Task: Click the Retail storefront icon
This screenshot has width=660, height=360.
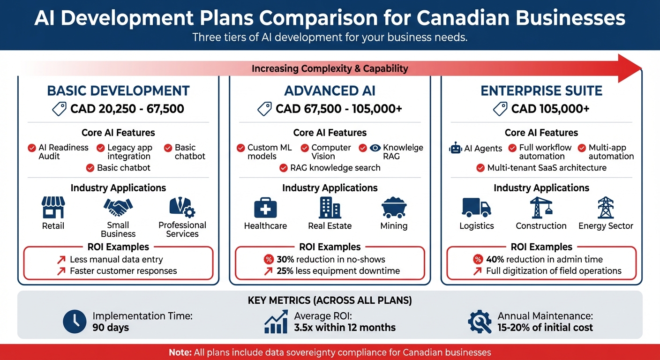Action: pyautogui.click(x=53, y=207)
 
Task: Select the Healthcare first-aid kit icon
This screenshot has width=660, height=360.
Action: pyautogui.click(x=265, y=208)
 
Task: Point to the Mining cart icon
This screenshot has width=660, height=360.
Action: pyautogui.click(x=394, y=208)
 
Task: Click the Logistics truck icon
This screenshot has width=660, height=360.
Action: pyautogui.click(x=476, y=208)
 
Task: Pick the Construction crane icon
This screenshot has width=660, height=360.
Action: pyautogui.click(x=541, y=208)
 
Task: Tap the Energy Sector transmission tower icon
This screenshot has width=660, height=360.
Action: pyautogui.click(x=606, y=208)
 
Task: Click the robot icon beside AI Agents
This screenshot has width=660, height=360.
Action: pyautogui.click(x=455, y=149)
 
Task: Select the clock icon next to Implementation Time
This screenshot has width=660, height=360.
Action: pyautogui.click(x=75, y=321)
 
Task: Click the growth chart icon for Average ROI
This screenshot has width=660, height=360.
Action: pyautogui.click(x=276, y=321)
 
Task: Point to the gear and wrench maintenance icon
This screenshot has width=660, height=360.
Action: pyautogui.click(x=480, y=321)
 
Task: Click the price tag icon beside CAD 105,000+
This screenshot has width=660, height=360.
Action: pyautogui.click(x=501, y=109)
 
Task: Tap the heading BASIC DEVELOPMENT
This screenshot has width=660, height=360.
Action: pyautogui.click(x=118, y=90)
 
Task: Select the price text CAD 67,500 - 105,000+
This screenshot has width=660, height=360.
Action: pyautogui.click(x=339, y=109)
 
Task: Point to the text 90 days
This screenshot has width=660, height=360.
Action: pyautogui.click(x=111, y=327)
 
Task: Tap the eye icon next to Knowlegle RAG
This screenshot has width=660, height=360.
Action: pyautogui.click(x=375, y=148)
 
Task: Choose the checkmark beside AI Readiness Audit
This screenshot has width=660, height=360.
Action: pyautogui.click(x=32, y=148)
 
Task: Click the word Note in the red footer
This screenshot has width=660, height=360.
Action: pyautogui.click(x=180, y=352)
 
